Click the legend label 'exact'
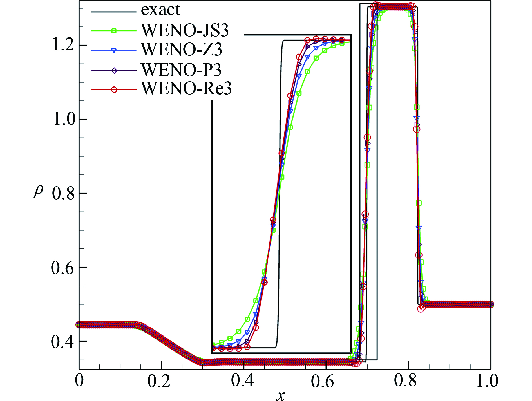click(160, 10)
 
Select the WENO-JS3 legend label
click(185, 30)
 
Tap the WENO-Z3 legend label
click(182, 50)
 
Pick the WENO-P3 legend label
click(181, 70)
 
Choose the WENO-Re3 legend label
click(186, 89)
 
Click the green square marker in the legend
click(114, 30)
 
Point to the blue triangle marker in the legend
click(114, 50)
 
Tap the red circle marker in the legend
click(114, 90)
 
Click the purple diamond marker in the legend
click(114, 70)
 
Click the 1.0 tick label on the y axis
click(64, 119)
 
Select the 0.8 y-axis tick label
click(63, 194)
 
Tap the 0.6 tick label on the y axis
click(63, 268)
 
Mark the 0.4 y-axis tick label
click(63, 342)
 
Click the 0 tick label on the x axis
click(79, 380)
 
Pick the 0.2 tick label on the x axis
click(159, 381)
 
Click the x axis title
click(280, 395)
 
